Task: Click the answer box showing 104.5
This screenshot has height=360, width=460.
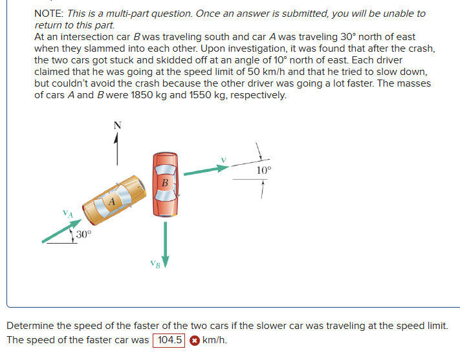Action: point(169,340)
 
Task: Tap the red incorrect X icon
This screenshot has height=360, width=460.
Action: point(193,341)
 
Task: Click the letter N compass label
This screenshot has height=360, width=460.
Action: point(116,125)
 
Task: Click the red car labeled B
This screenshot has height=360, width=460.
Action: point(166,184)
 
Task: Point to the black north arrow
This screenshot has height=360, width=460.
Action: point(116,149)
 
